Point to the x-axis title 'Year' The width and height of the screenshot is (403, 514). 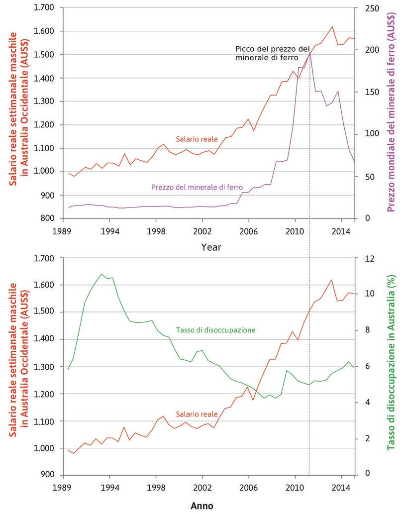[x=211, y=247]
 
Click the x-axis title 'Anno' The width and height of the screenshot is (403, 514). [x=202, y=506]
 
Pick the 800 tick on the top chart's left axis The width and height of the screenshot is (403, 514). [x=49, y=219]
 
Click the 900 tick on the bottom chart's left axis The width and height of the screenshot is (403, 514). [x=49, y=475]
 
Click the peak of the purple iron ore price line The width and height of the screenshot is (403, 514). [x=309, y=52]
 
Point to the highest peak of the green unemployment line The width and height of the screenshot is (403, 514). [x=101, y=274]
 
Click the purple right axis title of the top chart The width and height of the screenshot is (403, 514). [x=392, y=113]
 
